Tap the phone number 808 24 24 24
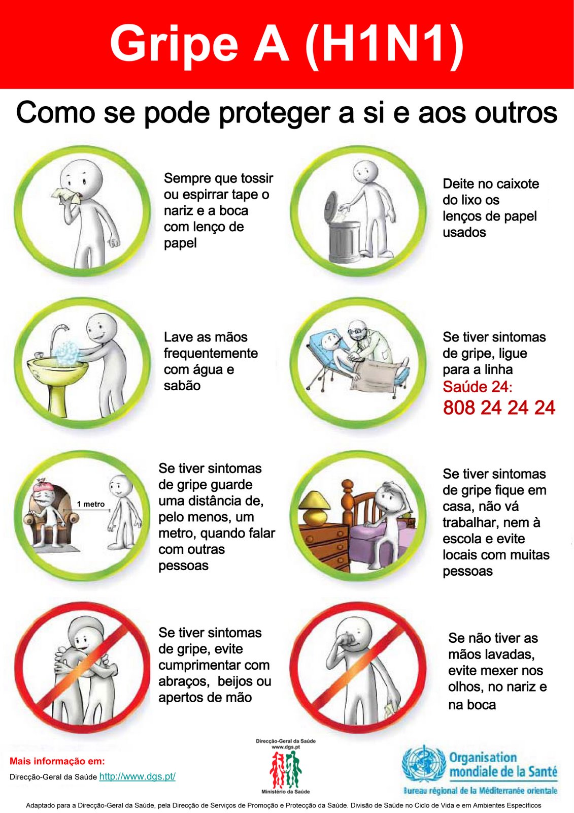[499, 408]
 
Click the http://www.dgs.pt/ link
[137, 776]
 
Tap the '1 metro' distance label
[91, 504]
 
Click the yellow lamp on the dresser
[314, 506]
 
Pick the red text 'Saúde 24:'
[477, 387]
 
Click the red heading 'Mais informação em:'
[57, 761]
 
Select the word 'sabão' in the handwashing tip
[182, 386]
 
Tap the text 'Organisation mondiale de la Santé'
[502, 765]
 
